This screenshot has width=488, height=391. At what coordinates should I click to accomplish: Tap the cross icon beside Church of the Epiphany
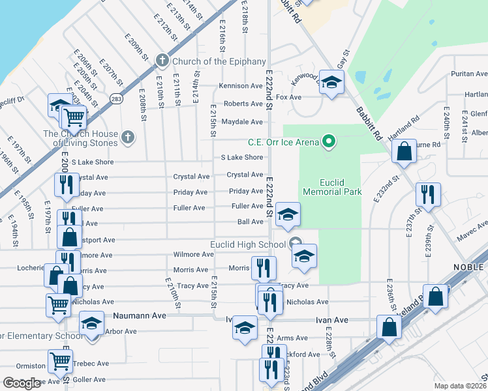tap(162, 62)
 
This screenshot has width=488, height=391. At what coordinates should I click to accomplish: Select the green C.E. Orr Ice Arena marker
tap(329, 141)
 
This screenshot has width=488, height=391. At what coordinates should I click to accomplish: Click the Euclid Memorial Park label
tap(332, 188)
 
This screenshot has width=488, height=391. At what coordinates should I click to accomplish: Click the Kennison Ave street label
tap(241, 86)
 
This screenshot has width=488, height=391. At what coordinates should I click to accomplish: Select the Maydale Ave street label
tap(241, 122)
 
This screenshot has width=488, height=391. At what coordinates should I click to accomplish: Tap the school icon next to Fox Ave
tap(332, 83)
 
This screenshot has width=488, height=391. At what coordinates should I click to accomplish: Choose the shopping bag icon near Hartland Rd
tap(404, 151)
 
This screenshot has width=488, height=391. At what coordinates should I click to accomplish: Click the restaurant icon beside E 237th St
tap(428, 194)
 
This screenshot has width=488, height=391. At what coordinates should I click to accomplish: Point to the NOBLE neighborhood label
tap(468, 267)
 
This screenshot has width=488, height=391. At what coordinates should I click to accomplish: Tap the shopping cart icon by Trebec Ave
tap(60, 360)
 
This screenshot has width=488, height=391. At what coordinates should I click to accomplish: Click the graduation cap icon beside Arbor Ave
tap(91, 323)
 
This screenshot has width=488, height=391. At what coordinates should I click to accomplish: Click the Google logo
tap(22, 383)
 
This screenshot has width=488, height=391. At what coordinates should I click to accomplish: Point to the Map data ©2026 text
tap(460, 386)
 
